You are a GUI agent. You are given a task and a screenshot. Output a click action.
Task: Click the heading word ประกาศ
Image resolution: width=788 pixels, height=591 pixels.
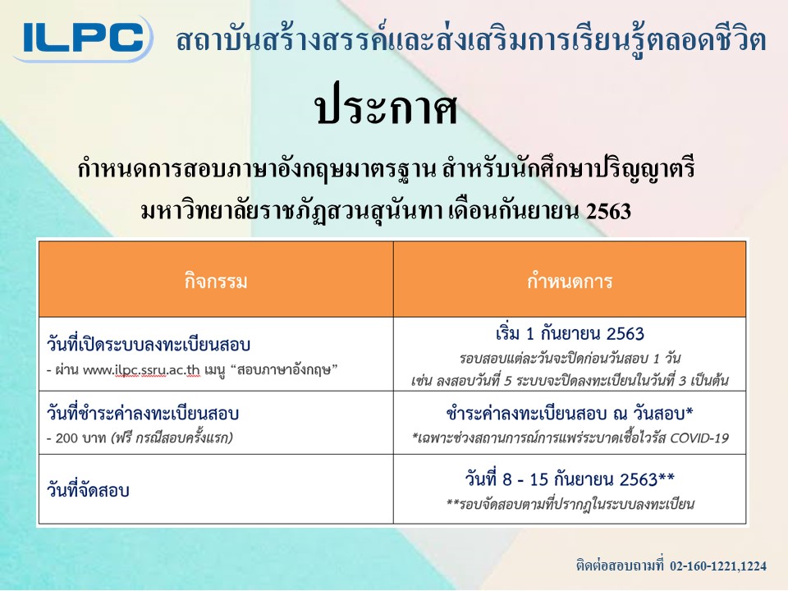386,109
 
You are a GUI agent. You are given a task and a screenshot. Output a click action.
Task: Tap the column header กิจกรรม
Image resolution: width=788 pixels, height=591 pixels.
216,281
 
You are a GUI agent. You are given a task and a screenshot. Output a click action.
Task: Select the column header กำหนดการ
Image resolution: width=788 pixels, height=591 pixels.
570,281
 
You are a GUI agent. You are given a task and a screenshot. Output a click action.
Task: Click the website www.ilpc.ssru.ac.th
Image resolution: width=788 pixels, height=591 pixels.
141,370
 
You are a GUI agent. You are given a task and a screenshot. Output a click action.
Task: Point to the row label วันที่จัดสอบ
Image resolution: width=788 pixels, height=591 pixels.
88,489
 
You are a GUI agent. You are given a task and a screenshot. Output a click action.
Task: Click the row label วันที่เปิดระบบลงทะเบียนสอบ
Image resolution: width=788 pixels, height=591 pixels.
149,344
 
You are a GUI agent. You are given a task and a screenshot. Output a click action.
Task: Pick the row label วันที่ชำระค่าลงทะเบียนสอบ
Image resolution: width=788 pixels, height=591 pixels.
143,413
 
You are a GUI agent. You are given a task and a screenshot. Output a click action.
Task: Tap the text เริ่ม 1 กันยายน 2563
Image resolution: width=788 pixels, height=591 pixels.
570,334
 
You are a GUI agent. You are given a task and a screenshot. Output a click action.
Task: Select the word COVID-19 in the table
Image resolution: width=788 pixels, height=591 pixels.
699,438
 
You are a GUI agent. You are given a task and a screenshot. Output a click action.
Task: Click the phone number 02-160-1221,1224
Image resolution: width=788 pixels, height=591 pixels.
718,566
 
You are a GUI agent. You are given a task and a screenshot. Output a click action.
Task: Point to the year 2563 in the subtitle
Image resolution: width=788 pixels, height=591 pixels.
608,211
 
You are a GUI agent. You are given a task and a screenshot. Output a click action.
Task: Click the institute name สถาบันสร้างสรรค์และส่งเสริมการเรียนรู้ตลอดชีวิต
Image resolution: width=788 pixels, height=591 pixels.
471,40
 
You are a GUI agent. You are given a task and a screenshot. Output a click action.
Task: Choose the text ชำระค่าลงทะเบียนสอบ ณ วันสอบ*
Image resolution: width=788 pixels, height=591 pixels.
570,413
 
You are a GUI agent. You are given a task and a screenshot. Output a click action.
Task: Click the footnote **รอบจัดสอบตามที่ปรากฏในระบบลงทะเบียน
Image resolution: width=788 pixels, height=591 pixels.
570,503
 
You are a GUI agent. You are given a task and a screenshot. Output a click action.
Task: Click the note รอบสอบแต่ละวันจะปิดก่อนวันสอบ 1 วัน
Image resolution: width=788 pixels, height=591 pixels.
570,359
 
